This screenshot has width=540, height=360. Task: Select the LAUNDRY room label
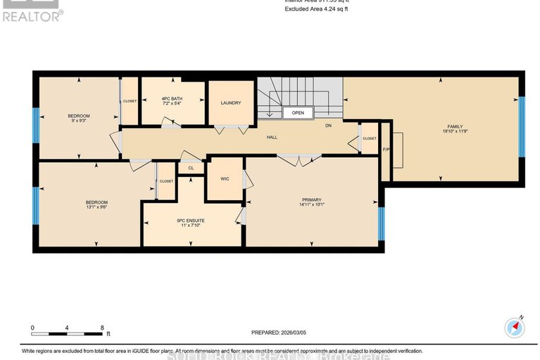[230, 103]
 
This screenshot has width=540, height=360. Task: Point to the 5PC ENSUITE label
[191, 221]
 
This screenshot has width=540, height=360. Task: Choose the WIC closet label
[225, 179]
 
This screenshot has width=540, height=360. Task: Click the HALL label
[271, 137]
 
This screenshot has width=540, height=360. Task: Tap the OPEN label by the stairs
[298, 112]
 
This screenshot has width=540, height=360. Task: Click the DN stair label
[327, 125]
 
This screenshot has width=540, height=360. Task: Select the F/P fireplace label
[385, 149]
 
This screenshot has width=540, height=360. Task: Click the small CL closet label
[191, 168]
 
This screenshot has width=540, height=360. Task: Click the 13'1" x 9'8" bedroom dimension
[96, 208]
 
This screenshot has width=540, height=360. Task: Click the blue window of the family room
[522, 127]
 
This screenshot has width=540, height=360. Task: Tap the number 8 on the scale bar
[103, 328]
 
